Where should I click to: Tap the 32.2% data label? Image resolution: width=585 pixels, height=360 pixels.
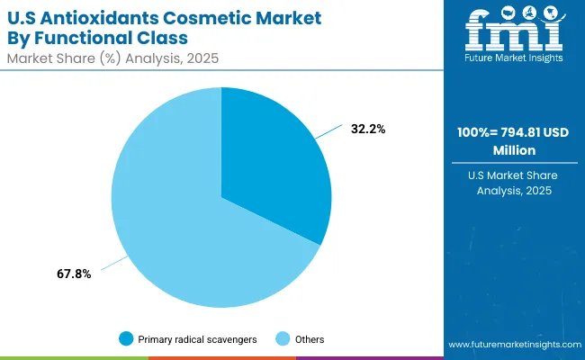pos(368,130)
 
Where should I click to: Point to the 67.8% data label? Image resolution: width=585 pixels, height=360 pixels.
pos(73,274)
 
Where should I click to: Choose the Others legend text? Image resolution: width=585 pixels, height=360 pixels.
pos(309,339)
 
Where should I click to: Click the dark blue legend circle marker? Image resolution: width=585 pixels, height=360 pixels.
pos(126,339)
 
